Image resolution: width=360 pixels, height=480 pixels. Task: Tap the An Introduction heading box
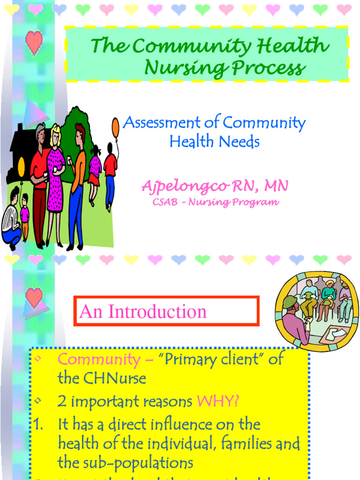(x=166, y=311)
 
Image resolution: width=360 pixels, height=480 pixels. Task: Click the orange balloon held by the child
(x=115, y=127)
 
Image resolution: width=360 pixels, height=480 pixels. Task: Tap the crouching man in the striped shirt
(x=11, y=220)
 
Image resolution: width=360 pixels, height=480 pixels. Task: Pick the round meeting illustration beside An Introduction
(x=316, y=310)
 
